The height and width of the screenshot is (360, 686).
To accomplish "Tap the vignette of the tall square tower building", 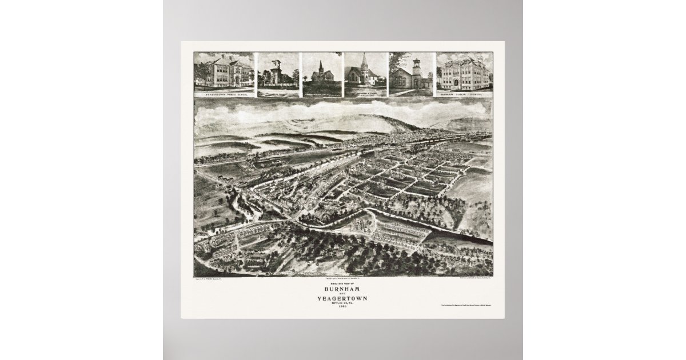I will pyautogui.click(x=277, y=74).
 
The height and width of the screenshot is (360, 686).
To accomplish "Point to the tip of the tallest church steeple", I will pyautogui.click(x=364, y=55).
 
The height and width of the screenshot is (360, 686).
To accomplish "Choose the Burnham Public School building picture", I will pyautogui.click(x=464, y=73).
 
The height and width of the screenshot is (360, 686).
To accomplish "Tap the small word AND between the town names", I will pyautogui.click(x=343, y=294).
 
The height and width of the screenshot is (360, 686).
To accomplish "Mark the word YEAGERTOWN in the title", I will pyautogui.click(x=343, y=299).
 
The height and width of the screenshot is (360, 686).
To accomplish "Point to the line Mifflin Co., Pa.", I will pyautogui.click(x=343, y=304).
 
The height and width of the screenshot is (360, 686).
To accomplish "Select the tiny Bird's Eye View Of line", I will pyautogui.click(x=343, y=283).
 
